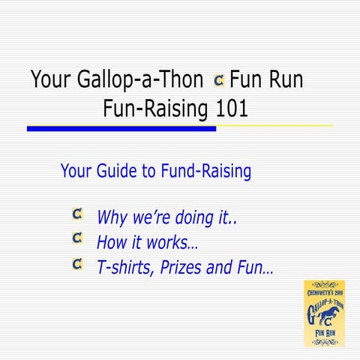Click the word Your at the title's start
pyautogui.click(x=52, y=80)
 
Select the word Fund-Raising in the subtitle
pyautogui.click(x=205, y=172)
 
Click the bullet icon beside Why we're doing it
pyautogui.click(x=77, y=216)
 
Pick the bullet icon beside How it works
pyautogui.click(x=77, y=239)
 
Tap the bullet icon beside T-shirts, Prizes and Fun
pyautogui.click(x=77, y=263)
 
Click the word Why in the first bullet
pyautogui.click(x=112, y=219)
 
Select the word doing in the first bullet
pyautogui.click(x=194, y=219)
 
